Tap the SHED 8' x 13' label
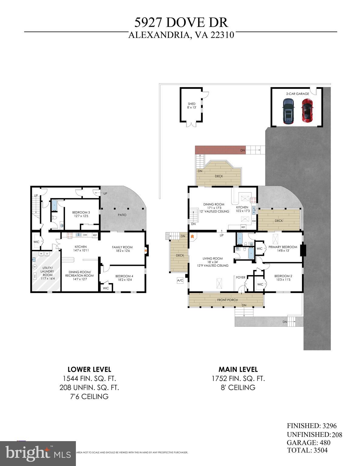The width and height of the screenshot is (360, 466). click(x=192, y=106)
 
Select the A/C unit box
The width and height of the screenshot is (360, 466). click(x=180, y=281)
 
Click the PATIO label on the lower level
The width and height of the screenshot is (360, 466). click(x=122, y=215)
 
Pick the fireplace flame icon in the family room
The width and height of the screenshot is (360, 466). click(x=146, y=251)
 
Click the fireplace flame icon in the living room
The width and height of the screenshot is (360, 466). click(x=192, y=236)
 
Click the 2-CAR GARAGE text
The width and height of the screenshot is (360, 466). click(x=297, y=94)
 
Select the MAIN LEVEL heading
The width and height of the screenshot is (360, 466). click(x=238, y=370)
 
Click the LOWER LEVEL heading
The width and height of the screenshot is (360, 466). click(x=89, y=370)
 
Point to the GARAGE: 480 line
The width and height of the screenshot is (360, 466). click(x=308, y=443)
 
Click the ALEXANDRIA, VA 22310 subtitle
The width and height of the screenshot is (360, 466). click(x=181, y=35)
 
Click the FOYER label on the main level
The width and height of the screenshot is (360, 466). click(x=241, y=277)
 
